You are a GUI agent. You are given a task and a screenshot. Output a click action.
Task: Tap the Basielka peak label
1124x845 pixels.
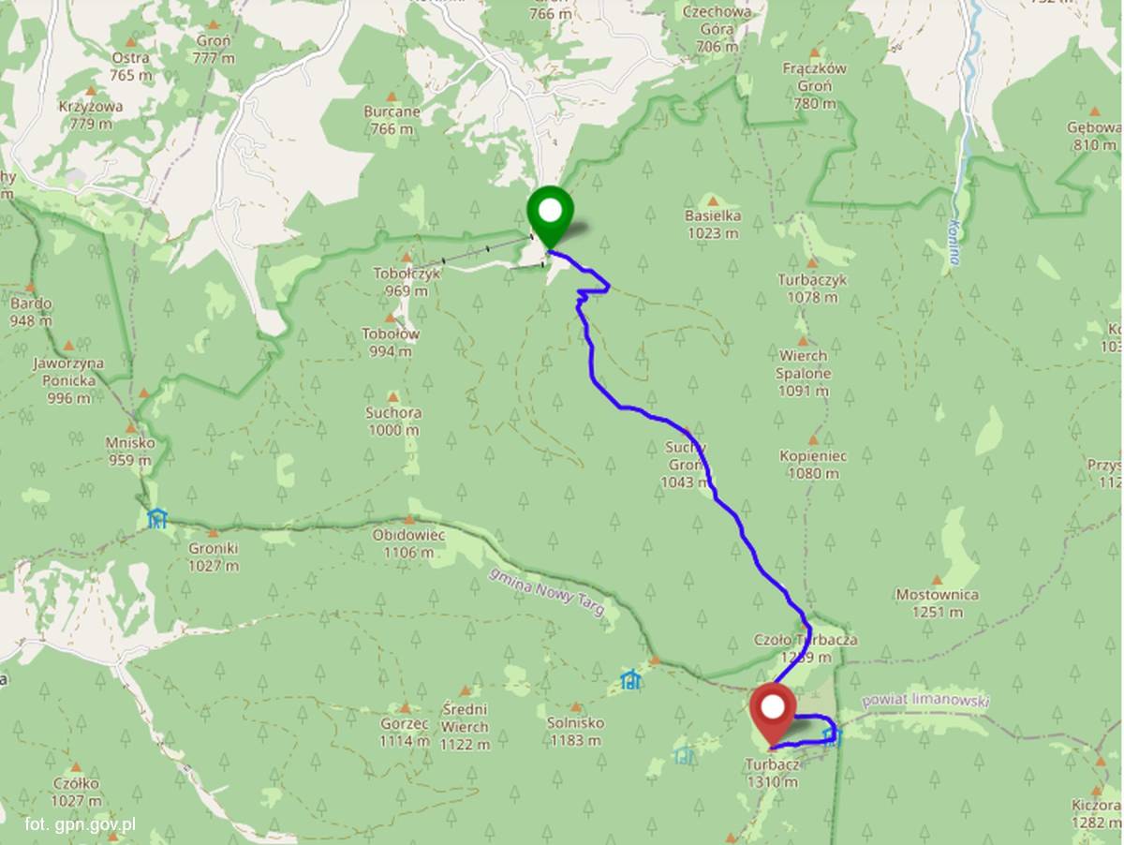point(713,224)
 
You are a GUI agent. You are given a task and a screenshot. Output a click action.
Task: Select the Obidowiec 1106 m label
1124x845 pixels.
point(408,542)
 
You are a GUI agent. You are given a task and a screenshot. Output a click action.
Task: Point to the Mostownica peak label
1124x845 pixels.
point(938,602)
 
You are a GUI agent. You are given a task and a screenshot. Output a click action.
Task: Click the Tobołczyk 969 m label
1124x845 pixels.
point(406,281)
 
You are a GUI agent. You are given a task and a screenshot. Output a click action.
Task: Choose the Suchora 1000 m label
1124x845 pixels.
point(393,421)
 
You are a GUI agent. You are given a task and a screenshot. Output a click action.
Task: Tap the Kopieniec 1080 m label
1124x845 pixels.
point(813,464)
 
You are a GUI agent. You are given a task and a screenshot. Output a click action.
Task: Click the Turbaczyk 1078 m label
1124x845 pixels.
point(812,288)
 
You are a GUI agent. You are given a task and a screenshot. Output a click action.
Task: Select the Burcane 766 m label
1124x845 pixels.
point(392,119)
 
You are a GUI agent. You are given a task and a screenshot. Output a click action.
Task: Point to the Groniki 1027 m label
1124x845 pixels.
point(213,556)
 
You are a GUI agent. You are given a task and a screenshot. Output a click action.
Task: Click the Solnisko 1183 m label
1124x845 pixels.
point(575,731)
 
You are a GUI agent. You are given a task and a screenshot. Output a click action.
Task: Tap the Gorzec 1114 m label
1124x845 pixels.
point(405,732)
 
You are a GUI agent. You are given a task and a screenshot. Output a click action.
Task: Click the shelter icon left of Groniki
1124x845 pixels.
point(156,518)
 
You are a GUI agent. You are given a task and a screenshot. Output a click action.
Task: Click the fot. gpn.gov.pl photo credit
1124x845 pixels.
point(81,824)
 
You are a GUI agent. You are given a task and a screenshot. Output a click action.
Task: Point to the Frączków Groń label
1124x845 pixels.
point(815,85)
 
